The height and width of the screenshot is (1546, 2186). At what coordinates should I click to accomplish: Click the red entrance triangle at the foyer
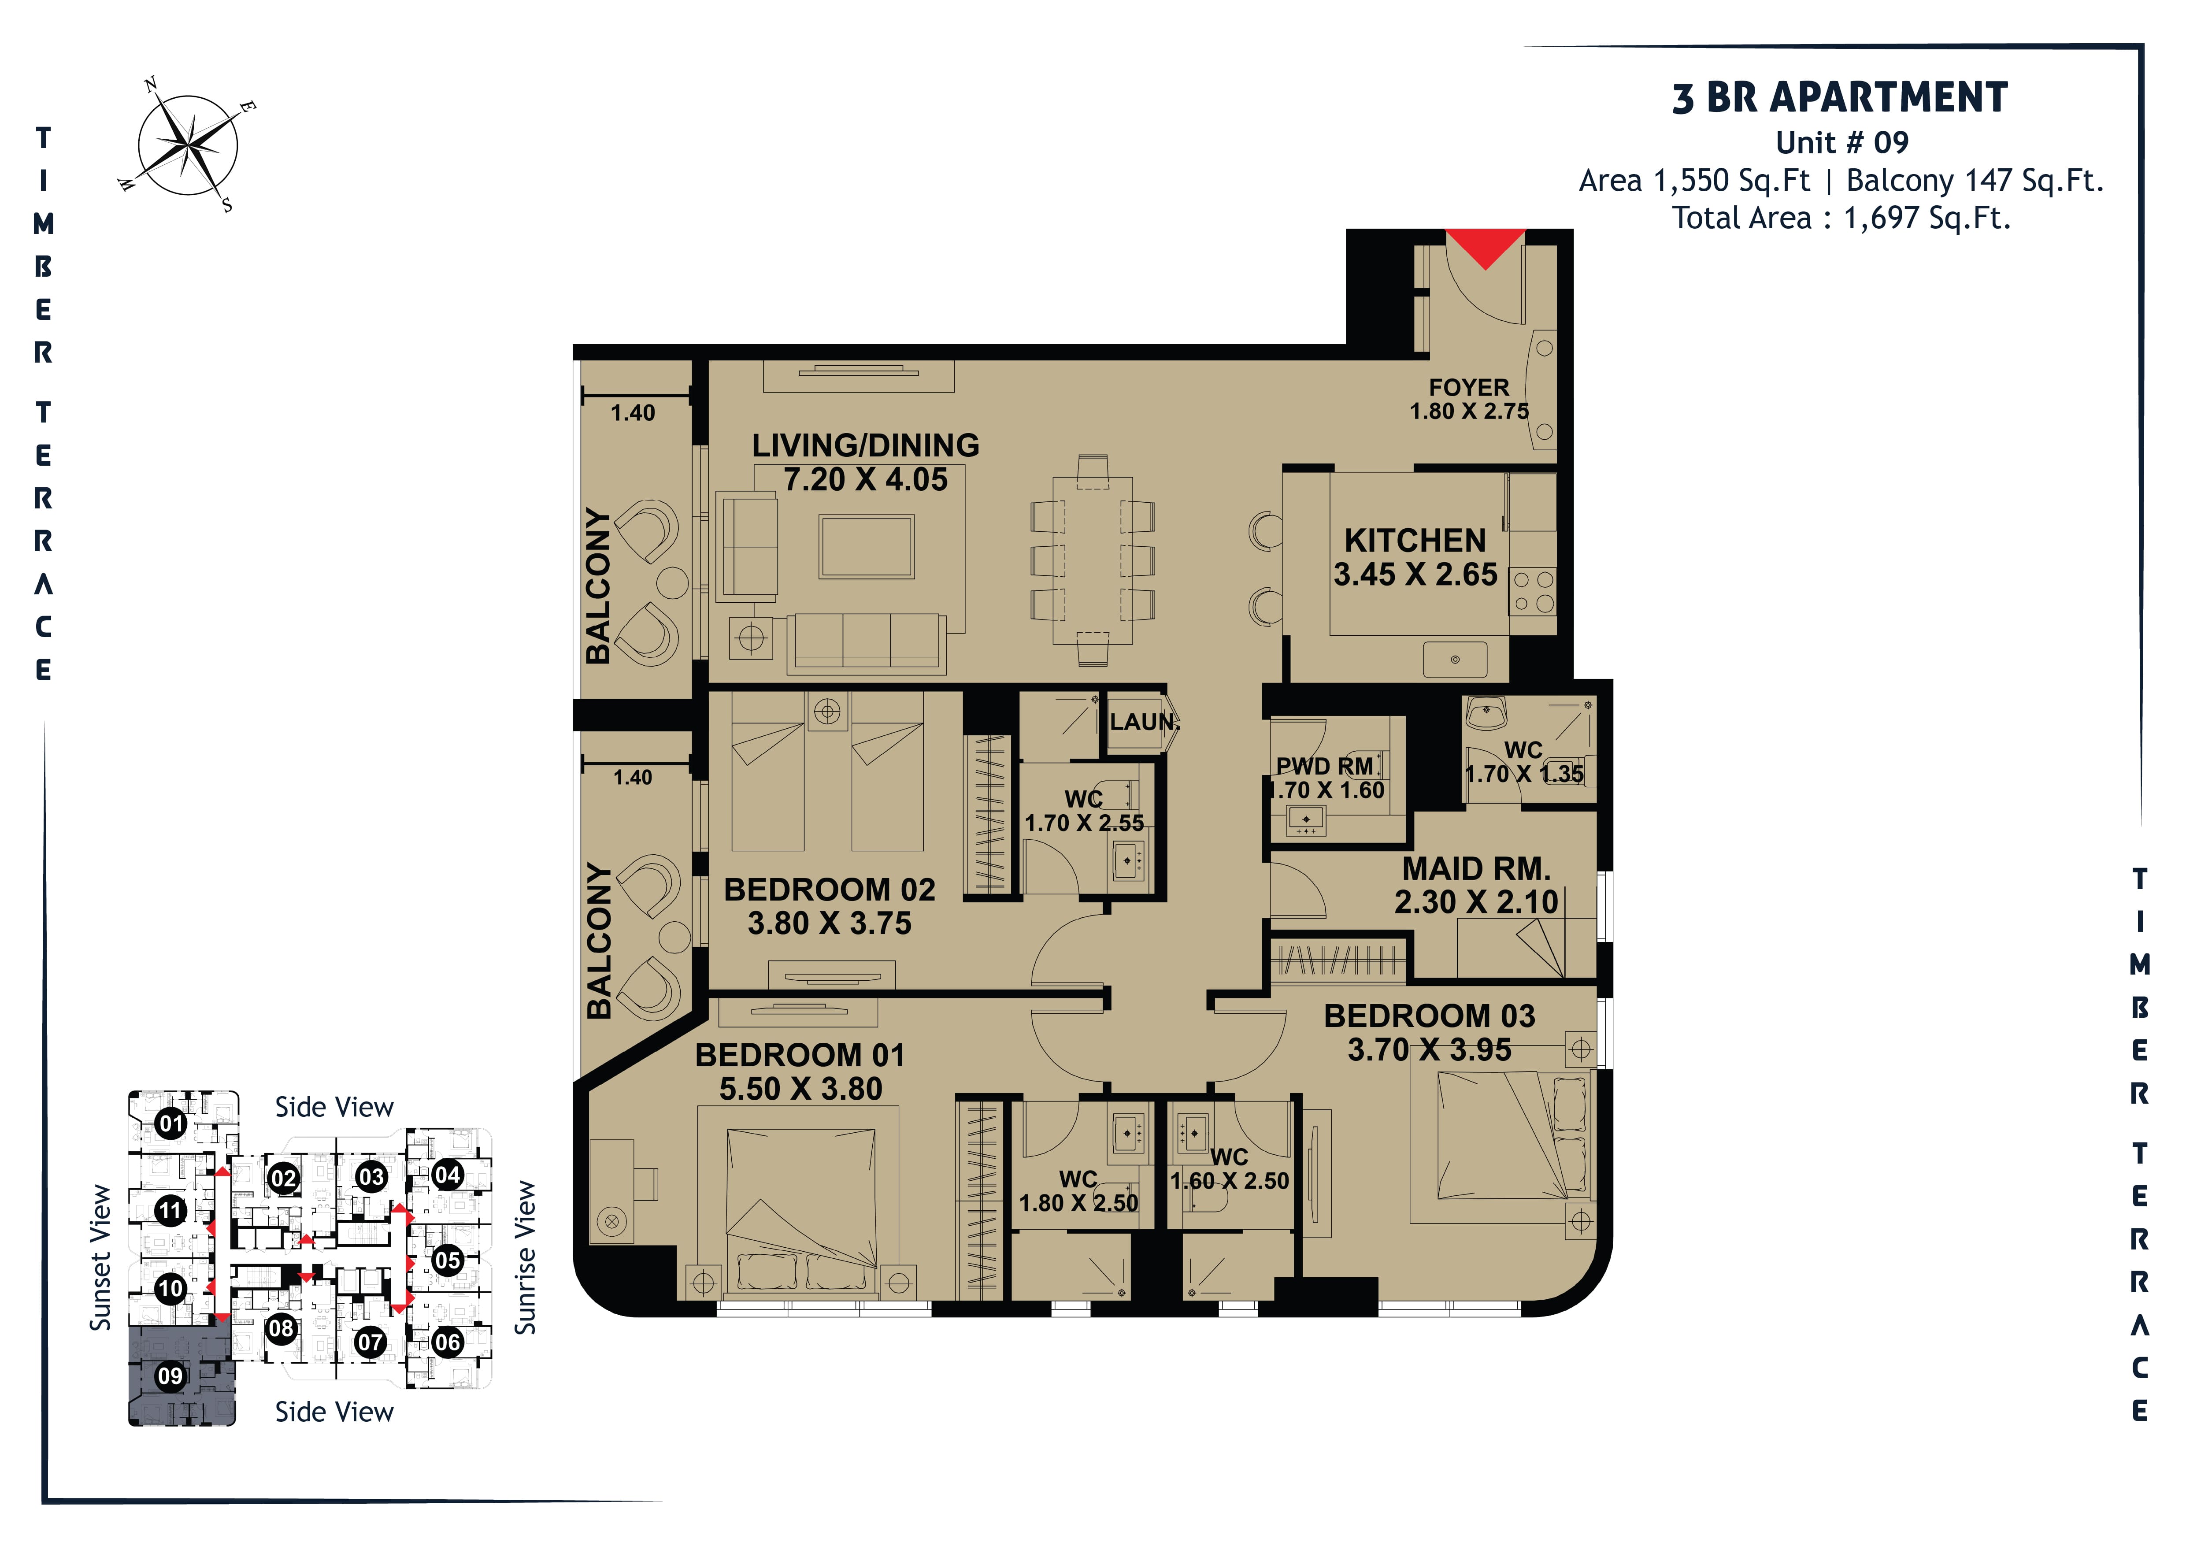tap(1485, 248)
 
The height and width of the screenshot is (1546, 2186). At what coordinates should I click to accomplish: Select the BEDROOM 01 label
tap(800, 1055)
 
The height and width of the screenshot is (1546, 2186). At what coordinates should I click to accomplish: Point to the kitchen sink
tap(1455, 659)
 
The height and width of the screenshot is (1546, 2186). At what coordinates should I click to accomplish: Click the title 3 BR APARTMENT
tap(1841, 98)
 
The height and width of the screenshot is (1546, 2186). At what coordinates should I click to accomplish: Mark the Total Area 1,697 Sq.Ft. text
tap(1841, 218)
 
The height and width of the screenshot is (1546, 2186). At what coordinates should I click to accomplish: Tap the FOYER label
tap(1469, 387)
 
